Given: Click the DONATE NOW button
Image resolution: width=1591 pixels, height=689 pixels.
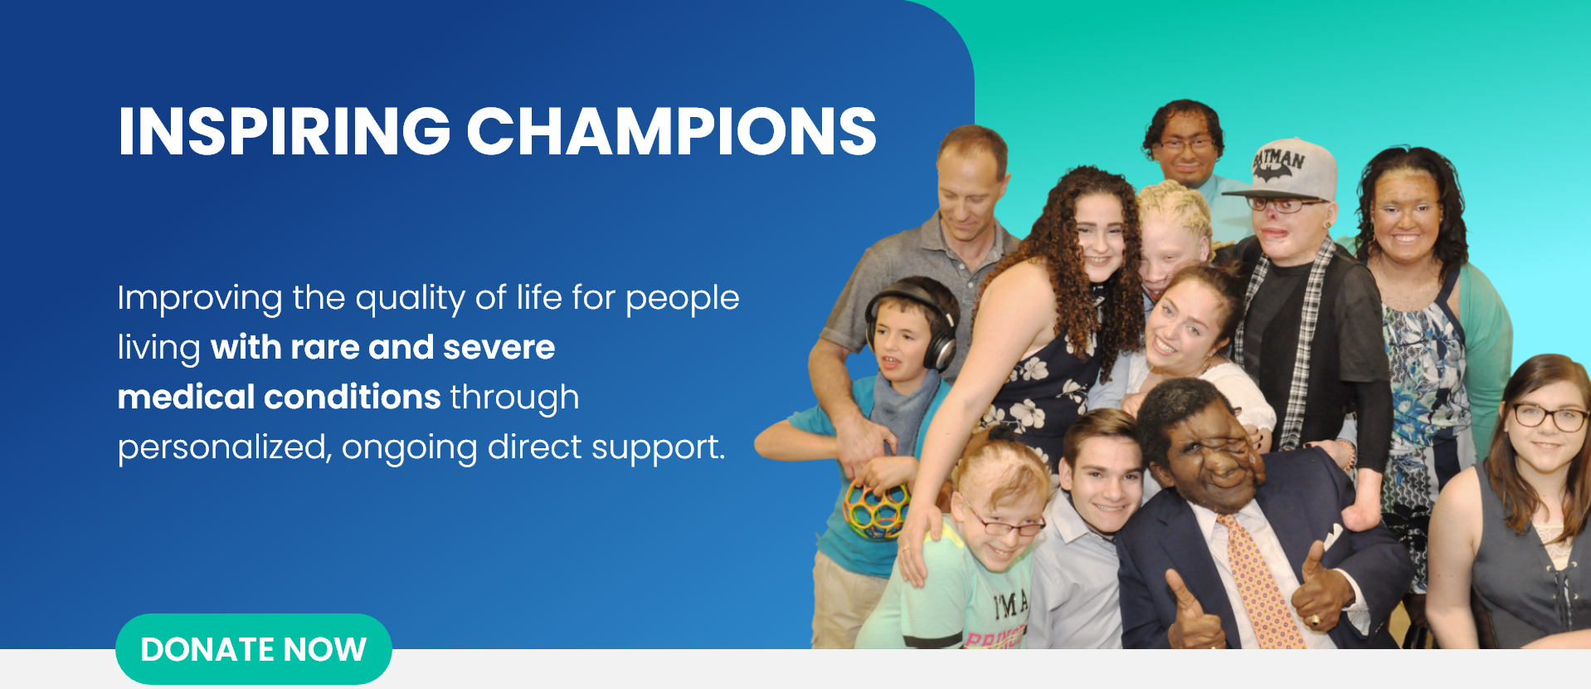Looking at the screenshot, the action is point(253,649).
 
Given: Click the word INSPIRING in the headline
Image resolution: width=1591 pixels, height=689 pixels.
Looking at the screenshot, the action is point(285,131).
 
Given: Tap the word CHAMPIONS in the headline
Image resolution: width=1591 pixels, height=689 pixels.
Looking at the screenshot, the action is point(671,131).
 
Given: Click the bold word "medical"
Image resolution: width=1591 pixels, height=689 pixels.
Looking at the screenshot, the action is point(186,397).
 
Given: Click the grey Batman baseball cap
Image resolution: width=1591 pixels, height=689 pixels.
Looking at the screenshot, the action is point(1285,170).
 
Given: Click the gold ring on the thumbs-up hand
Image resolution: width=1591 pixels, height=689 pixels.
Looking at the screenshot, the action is point(1315,619).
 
